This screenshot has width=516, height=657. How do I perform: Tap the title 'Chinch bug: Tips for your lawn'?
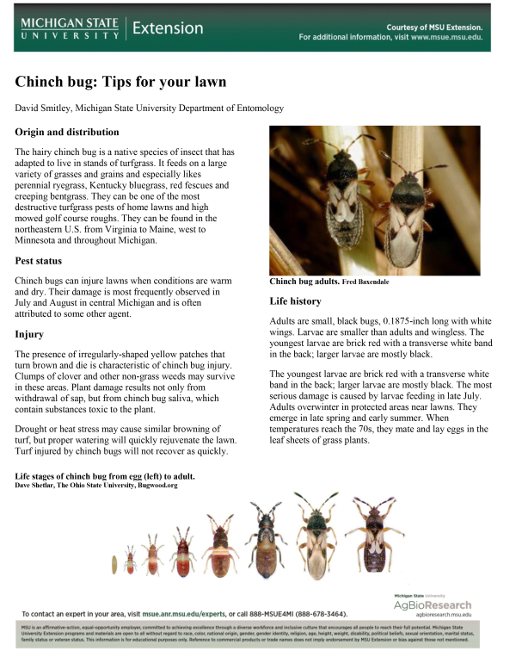[x=120, y=82]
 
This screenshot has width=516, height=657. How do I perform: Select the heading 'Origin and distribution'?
[x=67, y=133]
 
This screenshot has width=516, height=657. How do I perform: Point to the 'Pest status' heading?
[x=44, y=260]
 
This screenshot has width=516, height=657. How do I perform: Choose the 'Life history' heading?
[x=295, y=301]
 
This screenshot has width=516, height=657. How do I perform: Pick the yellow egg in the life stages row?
[x=114, y=563]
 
